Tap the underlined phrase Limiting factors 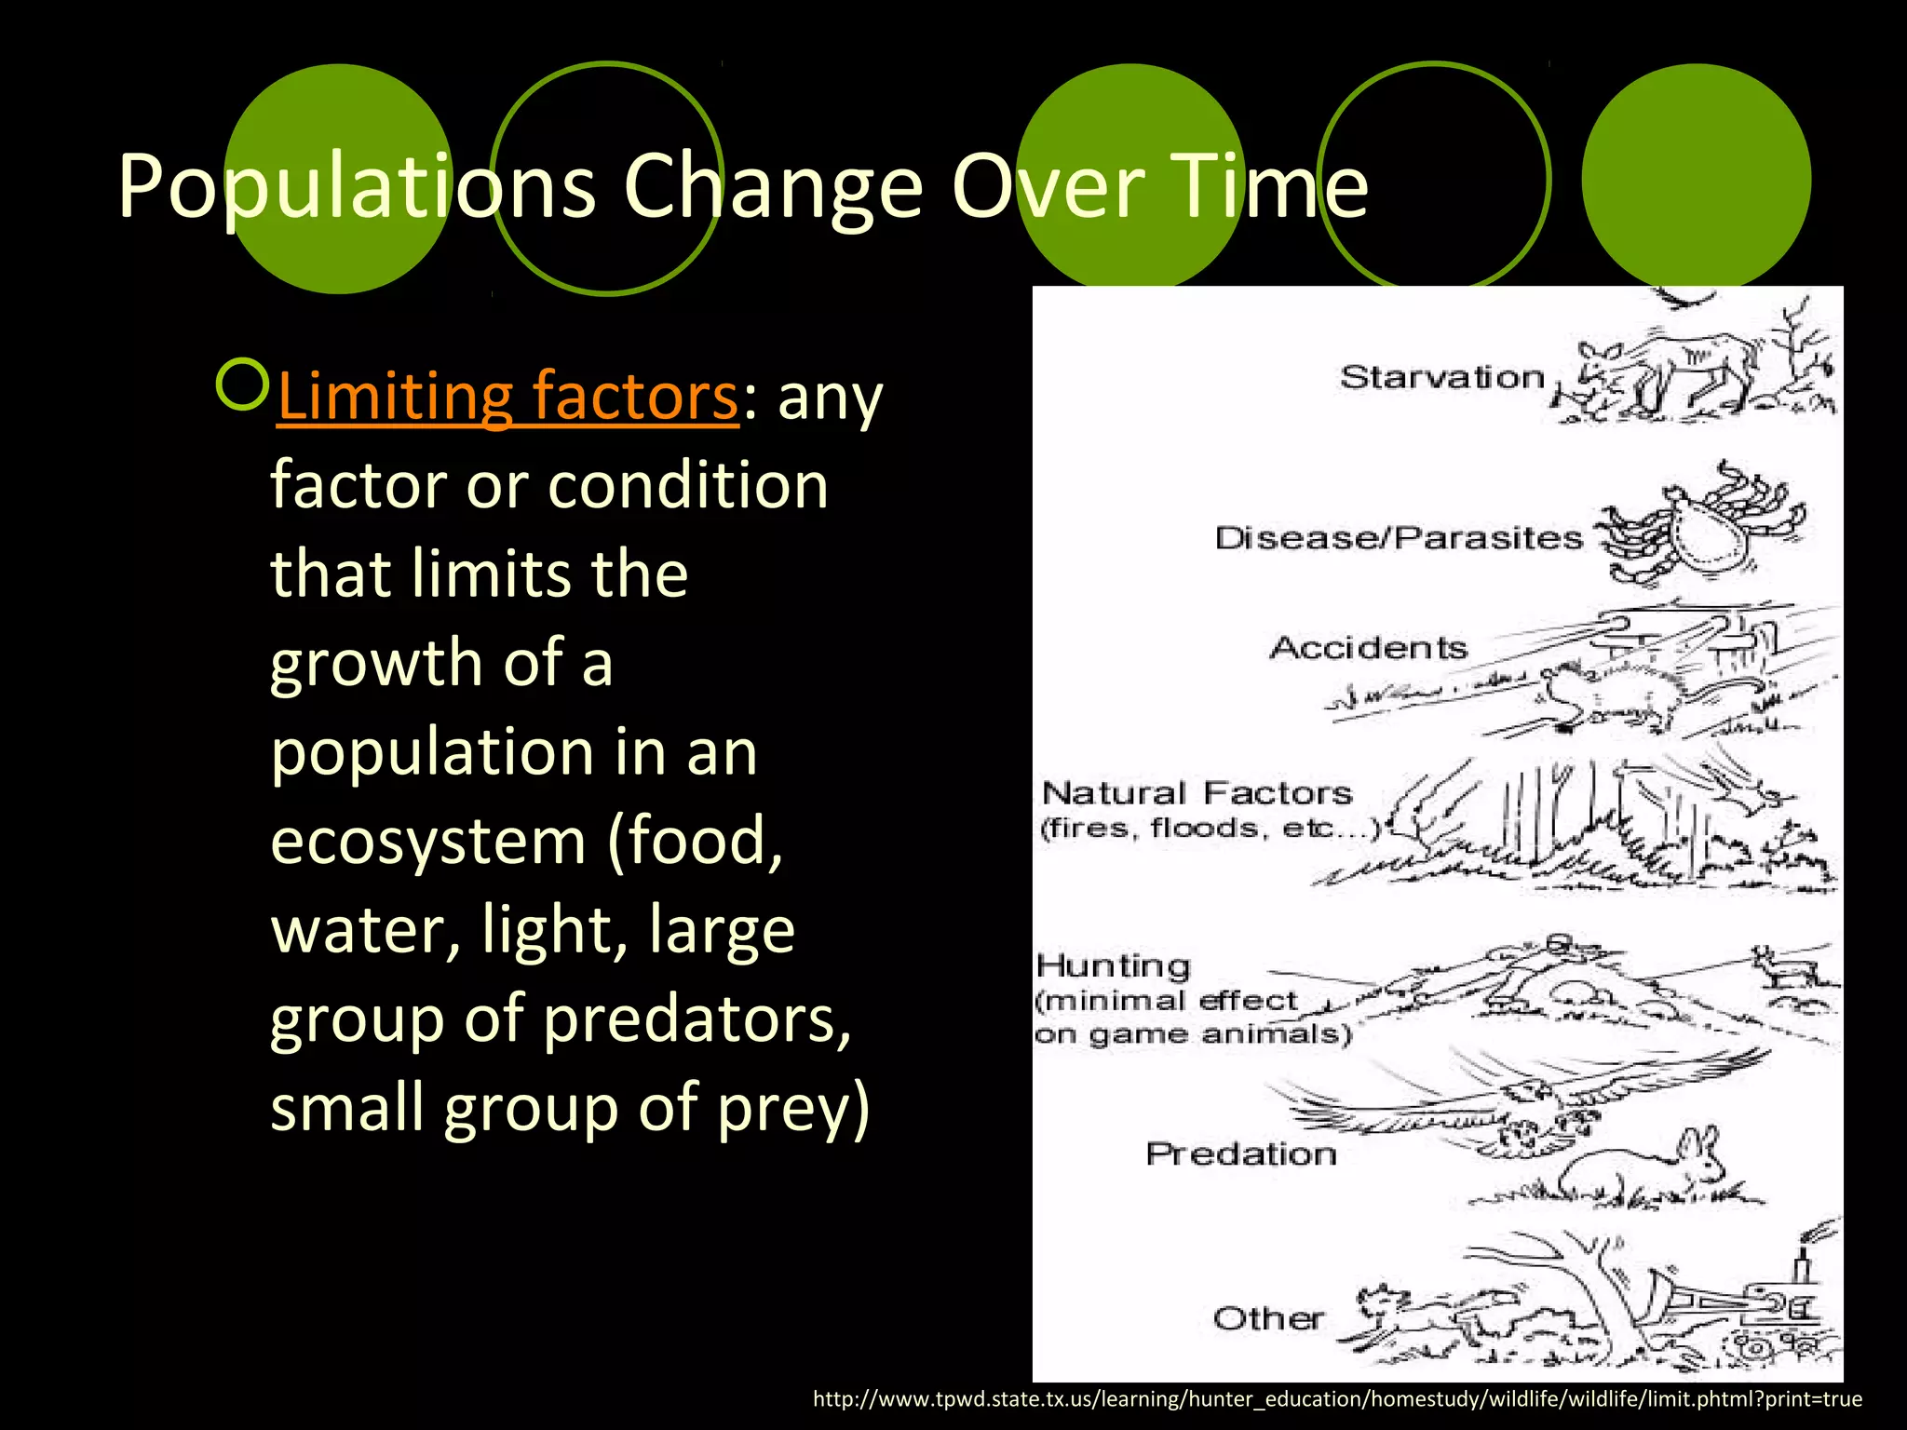[x=507, y=397]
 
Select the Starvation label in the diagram [x=1442, y=377]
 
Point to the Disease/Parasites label [x=1399, y=537]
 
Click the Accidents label [x=1368, y=647]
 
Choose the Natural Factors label [x=1197, y=793]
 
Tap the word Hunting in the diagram [x=1114, y=966]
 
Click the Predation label [x=1241, y=1154]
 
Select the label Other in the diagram [x=1268, y=1318]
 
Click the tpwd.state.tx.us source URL [x=1337, y=1399]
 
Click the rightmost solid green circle [x=1696, y=178]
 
